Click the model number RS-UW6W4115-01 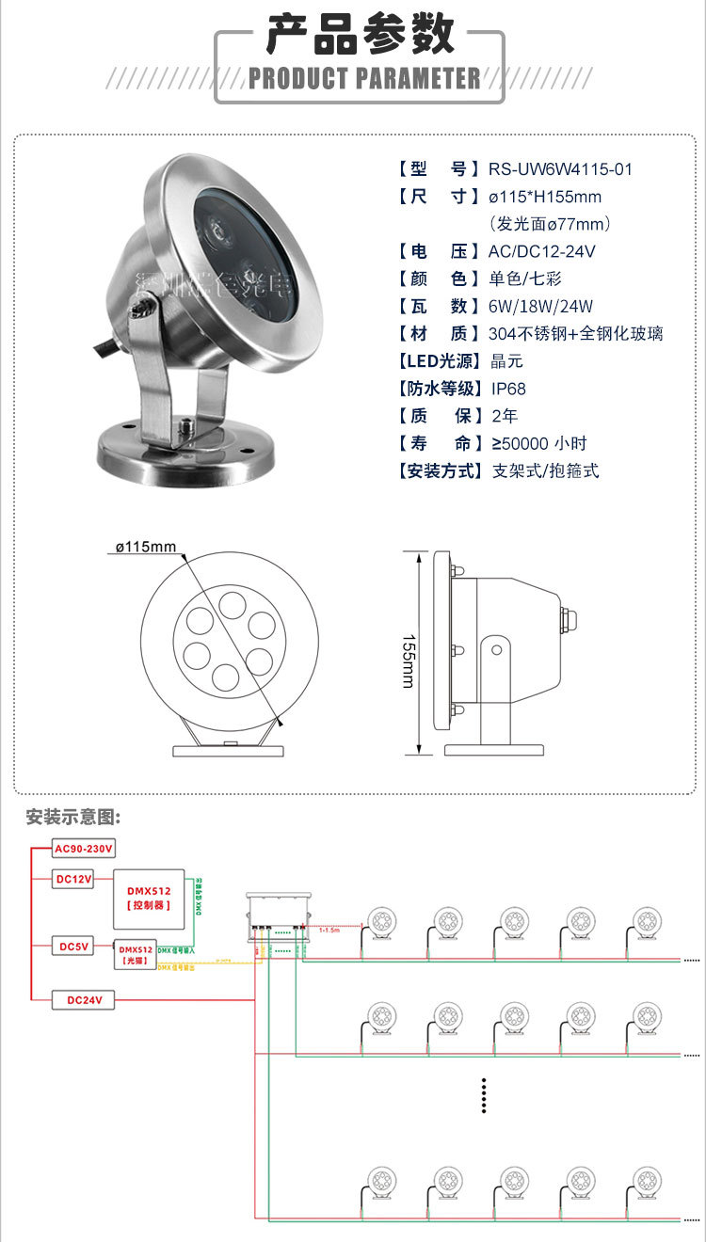point(560,169)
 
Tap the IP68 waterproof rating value point(509,389)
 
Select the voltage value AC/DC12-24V point(541,251)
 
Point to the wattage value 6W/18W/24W point(540,306)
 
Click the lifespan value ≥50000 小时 point(544,443)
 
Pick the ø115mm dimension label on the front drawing point(146,547)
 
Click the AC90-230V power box point(83,849)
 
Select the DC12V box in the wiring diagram point(72,879)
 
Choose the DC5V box point(72,946)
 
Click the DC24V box point(84,1000)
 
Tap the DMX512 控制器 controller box point(149,897)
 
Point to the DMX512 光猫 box point(134,955)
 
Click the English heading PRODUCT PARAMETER point(364,78)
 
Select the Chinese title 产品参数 point(361,35)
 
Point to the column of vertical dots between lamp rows point(483,1095)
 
